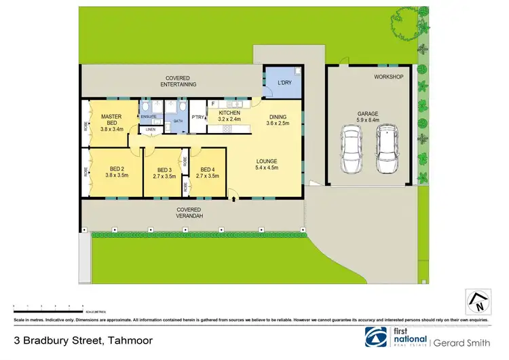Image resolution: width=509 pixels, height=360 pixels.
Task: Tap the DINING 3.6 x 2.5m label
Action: point(277,120)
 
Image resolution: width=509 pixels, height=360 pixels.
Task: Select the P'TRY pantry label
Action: point(198,118)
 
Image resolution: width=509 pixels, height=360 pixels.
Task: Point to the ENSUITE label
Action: point(148,117)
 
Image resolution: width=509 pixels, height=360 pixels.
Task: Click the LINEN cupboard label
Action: point(150,129)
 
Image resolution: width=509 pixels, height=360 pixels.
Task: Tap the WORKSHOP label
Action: point(388,77)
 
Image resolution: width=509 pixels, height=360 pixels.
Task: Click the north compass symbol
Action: point(478,301)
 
